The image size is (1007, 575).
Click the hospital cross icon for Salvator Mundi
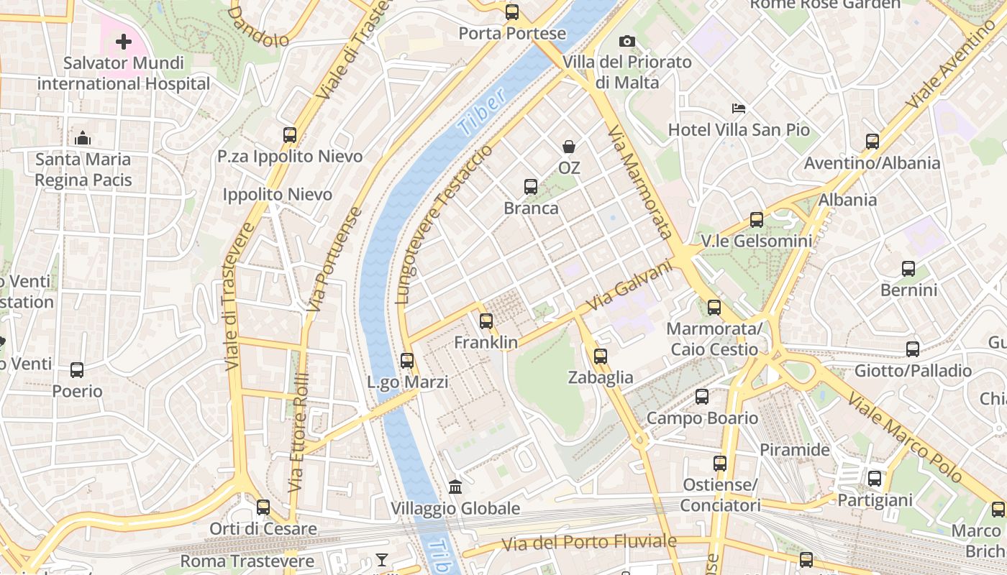click(x=124, y=42)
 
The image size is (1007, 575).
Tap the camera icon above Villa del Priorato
click(x=627, y=41)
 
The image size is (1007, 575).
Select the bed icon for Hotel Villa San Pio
click(x=739, y=109)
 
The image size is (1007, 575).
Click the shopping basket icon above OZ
click(x=569, y=147)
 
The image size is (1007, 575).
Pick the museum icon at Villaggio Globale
click(x=455, y=487)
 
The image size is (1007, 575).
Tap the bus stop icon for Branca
click(x=531, y=187)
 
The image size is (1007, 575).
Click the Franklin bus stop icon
click(x=486, y=321)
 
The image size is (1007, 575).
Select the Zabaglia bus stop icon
click(x=601, y=356)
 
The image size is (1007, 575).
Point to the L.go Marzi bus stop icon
click(x=407, y=361)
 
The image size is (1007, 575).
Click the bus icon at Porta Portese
click(x=511, y=11)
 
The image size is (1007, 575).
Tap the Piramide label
click(x=795, y=450)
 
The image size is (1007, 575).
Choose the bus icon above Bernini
click(x=908, y=269)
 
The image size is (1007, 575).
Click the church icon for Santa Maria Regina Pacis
click(x=83, y=138)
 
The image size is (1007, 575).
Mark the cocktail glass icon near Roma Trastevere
click(x=381, y=560)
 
